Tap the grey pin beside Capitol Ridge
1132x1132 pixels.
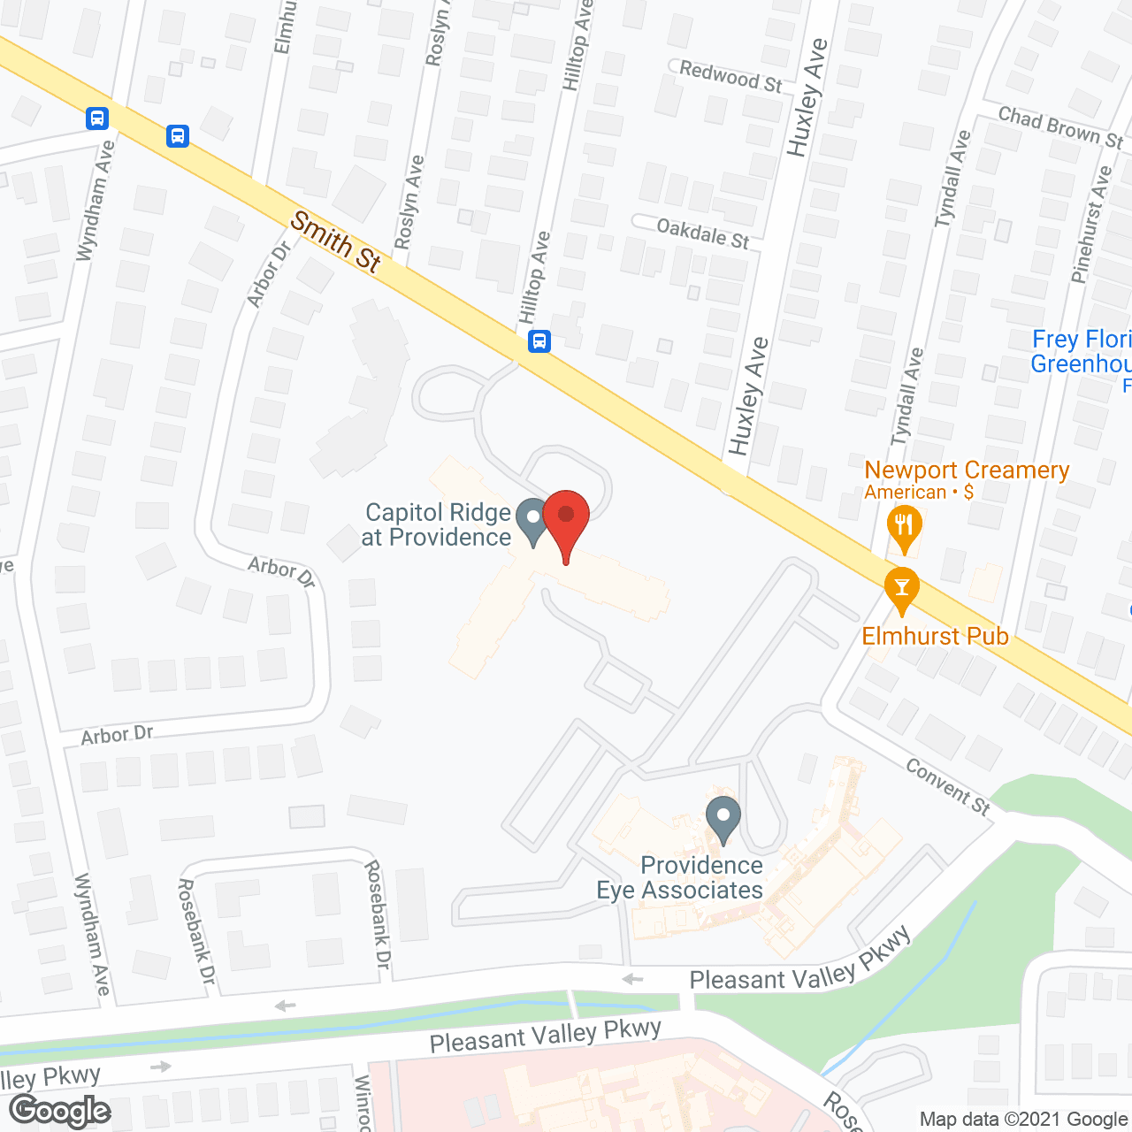[532, 521]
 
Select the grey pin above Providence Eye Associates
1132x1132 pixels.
[723, 819]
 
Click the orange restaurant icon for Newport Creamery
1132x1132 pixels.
[903, 528]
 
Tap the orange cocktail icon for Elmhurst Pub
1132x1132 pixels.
[902, 590]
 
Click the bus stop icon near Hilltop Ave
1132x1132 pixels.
[539, 341]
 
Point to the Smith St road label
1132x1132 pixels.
[336, 240]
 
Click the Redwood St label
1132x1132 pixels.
[730, 77]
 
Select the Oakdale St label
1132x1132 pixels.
[703, 233]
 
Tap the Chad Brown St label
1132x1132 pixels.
[1059, 127]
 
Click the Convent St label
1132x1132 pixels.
[948, 785]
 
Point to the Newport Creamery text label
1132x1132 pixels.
[967, 470]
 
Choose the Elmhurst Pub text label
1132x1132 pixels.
[936, 636]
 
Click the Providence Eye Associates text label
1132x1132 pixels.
[680, 877]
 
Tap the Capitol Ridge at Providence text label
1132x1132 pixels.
[437, 524]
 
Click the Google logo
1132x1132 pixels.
[60, 1110]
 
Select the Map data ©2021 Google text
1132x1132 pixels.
[1024, 1120]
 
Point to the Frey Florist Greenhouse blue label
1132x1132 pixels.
[1082, 352]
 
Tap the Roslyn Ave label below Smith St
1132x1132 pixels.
[409, 203]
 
